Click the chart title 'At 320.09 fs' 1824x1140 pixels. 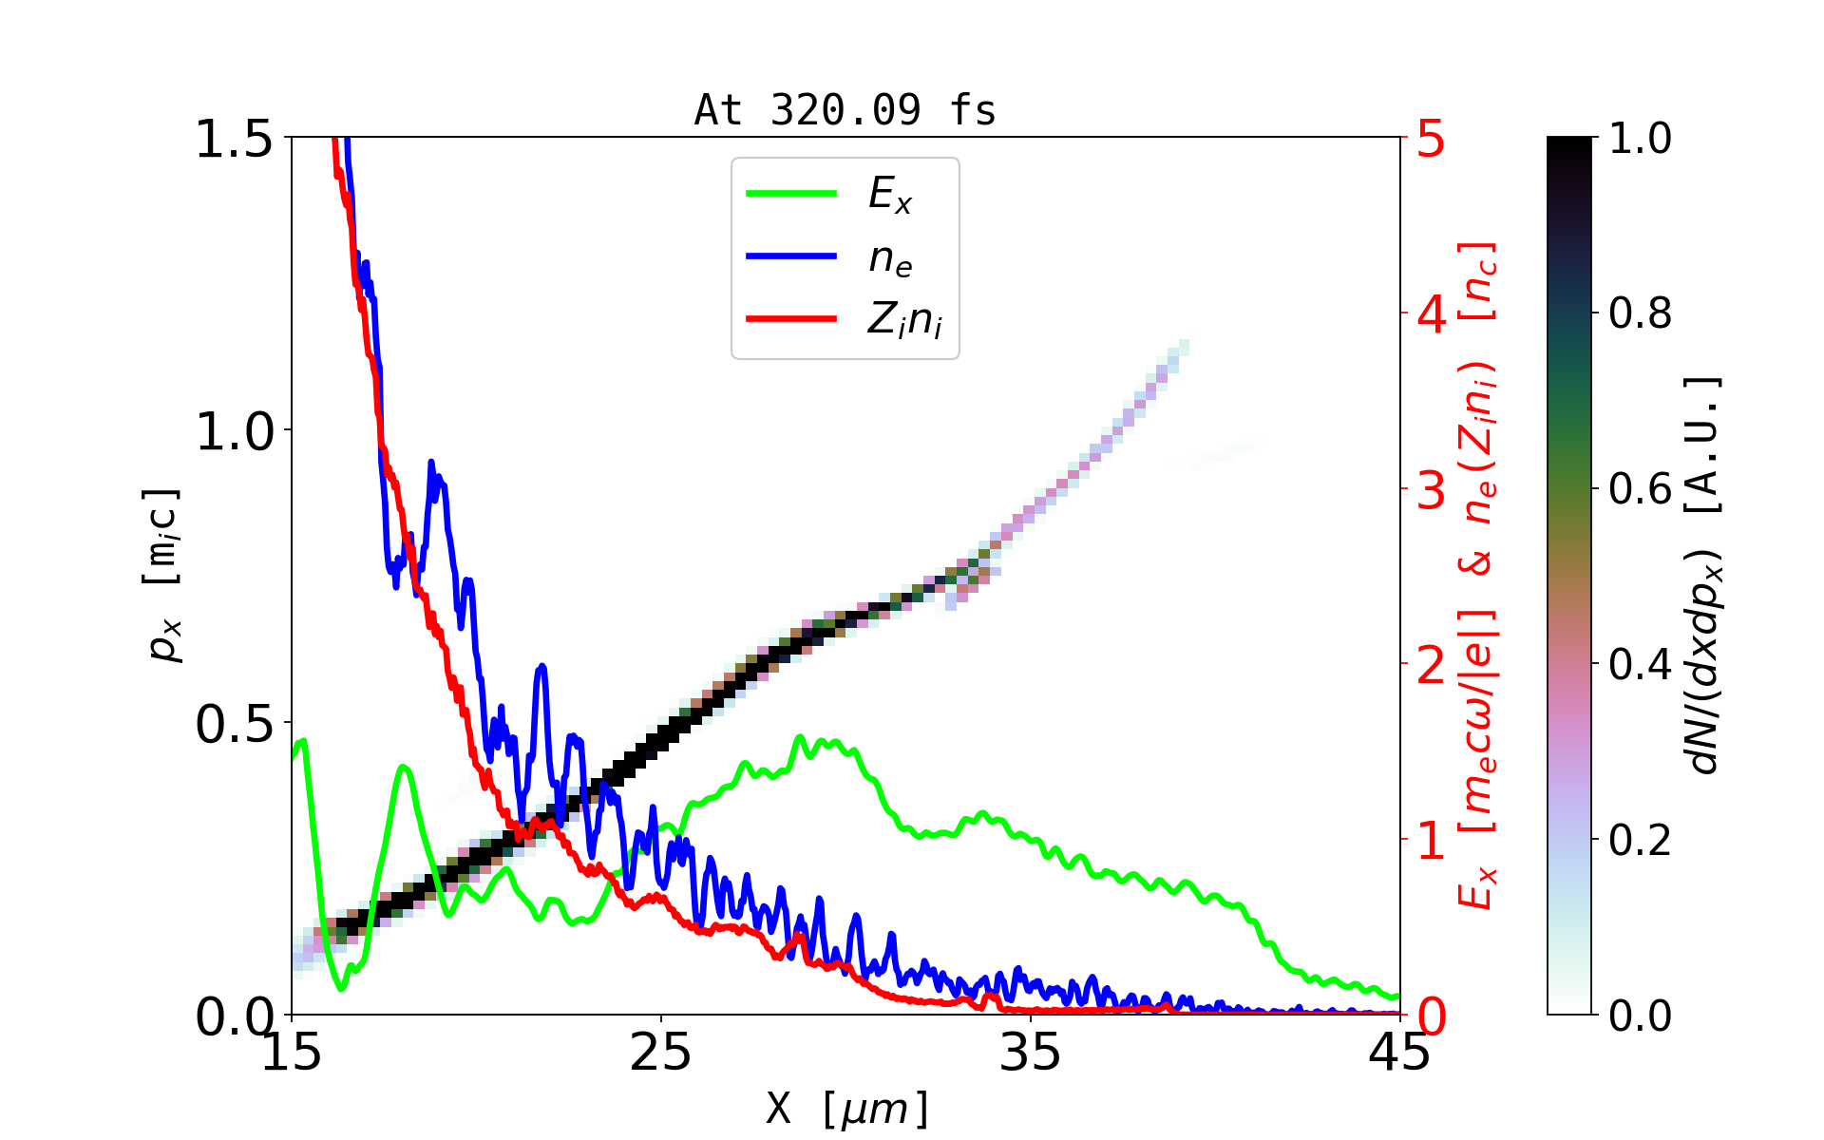[845, 111]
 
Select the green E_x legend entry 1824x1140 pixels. [889, 195]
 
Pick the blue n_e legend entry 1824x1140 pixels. [889, 257]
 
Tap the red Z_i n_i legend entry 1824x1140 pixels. [903, 320]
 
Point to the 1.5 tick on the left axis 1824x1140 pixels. [234, 139]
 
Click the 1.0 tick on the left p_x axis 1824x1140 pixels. [234, 431]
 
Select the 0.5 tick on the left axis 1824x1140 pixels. [234, 724]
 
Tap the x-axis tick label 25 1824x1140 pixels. [660, 1054]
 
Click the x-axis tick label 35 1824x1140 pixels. [1030, 1054]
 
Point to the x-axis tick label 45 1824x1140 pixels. [1399, 1054]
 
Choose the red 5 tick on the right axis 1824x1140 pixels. [1431, 139]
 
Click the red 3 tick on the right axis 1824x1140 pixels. [1431, 490]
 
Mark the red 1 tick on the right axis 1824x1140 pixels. [1431, 841]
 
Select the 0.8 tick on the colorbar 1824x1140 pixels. [1640, 313]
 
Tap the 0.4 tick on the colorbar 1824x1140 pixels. [1640, 664]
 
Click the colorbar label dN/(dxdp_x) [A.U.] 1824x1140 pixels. [1704, 575]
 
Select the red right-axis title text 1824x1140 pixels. [1477, 575]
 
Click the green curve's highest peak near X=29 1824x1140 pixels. [800, 737]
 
